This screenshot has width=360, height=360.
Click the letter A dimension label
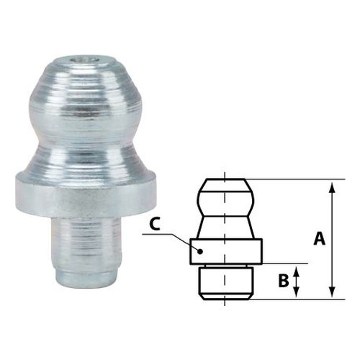click(x=320, y=238)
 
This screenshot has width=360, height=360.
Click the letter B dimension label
click(x=284, y=281)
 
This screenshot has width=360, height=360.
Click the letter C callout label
click(x=155, y=225)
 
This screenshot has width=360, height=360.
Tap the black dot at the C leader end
click(x=199, y=251)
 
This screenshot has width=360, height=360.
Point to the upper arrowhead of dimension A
click(x=332, y=189)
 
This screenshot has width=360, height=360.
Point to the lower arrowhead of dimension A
click(x=332, y=291)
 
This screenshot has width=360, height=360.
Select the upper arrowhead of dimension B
click(x=297, y=271)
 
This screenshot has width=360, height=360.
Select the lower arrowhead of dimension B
click(x=297, y=292)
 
